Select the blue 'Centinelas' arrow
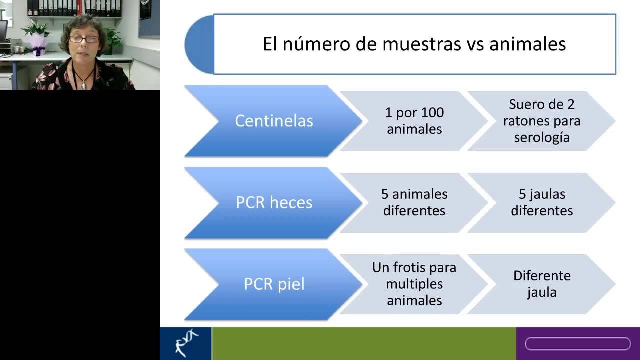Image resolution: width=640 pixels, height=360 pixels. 274,121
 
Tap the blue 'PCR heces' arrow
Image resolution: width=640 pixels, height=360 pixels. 274,202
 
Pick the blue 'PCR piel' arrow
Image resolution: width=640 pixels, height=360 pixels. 274,284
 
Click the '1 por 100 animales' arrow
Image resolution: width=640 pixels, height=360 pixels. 414,121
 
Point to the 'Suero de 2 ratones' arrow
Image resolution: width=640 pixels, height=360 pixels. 542,121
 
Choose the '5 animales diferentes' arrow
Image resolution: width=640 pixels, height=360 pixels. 414,202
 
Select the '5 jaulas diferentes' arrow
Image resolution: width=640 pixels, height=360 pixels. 542,202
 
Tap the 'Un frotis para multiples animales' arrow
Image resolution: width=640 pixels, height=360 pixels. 414,284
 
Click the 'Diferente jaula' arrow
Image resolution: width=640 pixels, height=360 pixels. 542,284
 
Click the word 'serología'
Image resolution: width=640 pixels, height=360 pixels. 542,137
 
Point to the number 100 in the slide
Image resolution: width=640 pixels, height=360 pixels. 432,113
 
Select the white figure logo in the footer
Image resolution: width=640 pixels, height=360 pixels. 186,343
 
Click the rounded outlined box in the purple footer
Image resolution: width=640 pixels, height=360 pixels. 577,344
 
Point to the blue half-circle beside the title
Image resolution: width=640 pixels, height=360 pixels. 199,44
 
